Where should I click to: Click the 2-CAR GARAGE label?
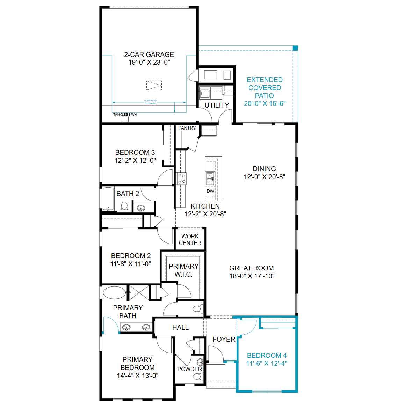149,54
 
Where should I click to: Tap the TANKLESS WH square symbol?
125,119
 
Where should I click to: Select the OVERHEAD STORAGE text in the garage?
150,102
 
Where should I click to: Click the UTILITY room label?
217,106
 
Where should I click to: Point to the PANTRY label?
187,128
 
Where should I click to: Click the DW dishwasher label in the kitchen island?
210,191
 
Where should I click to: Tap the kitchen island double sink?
210,178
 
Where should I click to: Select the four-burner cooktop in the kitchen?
181,179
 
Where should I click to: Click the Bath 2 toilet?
124,207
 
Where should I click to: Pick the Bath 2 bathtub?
108,198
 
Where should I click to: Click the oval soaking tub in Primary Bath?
115,293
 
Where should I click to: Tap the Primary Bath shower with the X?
139,292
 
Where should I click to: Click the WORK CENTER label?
190,240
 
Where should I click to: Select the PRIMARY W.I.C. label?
183,270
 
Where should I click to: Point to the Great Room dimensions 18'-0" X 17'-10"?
252,276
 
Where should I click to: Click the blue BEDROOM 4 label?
267,355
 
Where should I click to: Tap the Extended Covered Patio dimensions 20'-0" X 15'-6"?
265,103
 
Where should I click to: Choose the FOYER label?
224,340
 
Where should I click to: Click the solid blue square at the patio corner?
295,48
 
